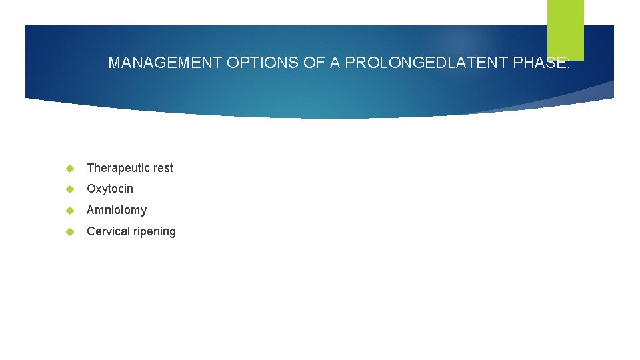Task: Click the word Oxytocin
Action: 110,189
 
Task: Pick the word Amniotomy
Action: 117,210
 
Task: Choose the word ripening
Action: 155,232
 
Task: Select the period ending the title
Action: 568,67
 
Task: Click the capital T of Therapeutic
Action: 91,168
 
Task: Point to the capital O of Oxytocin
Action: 91,189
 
